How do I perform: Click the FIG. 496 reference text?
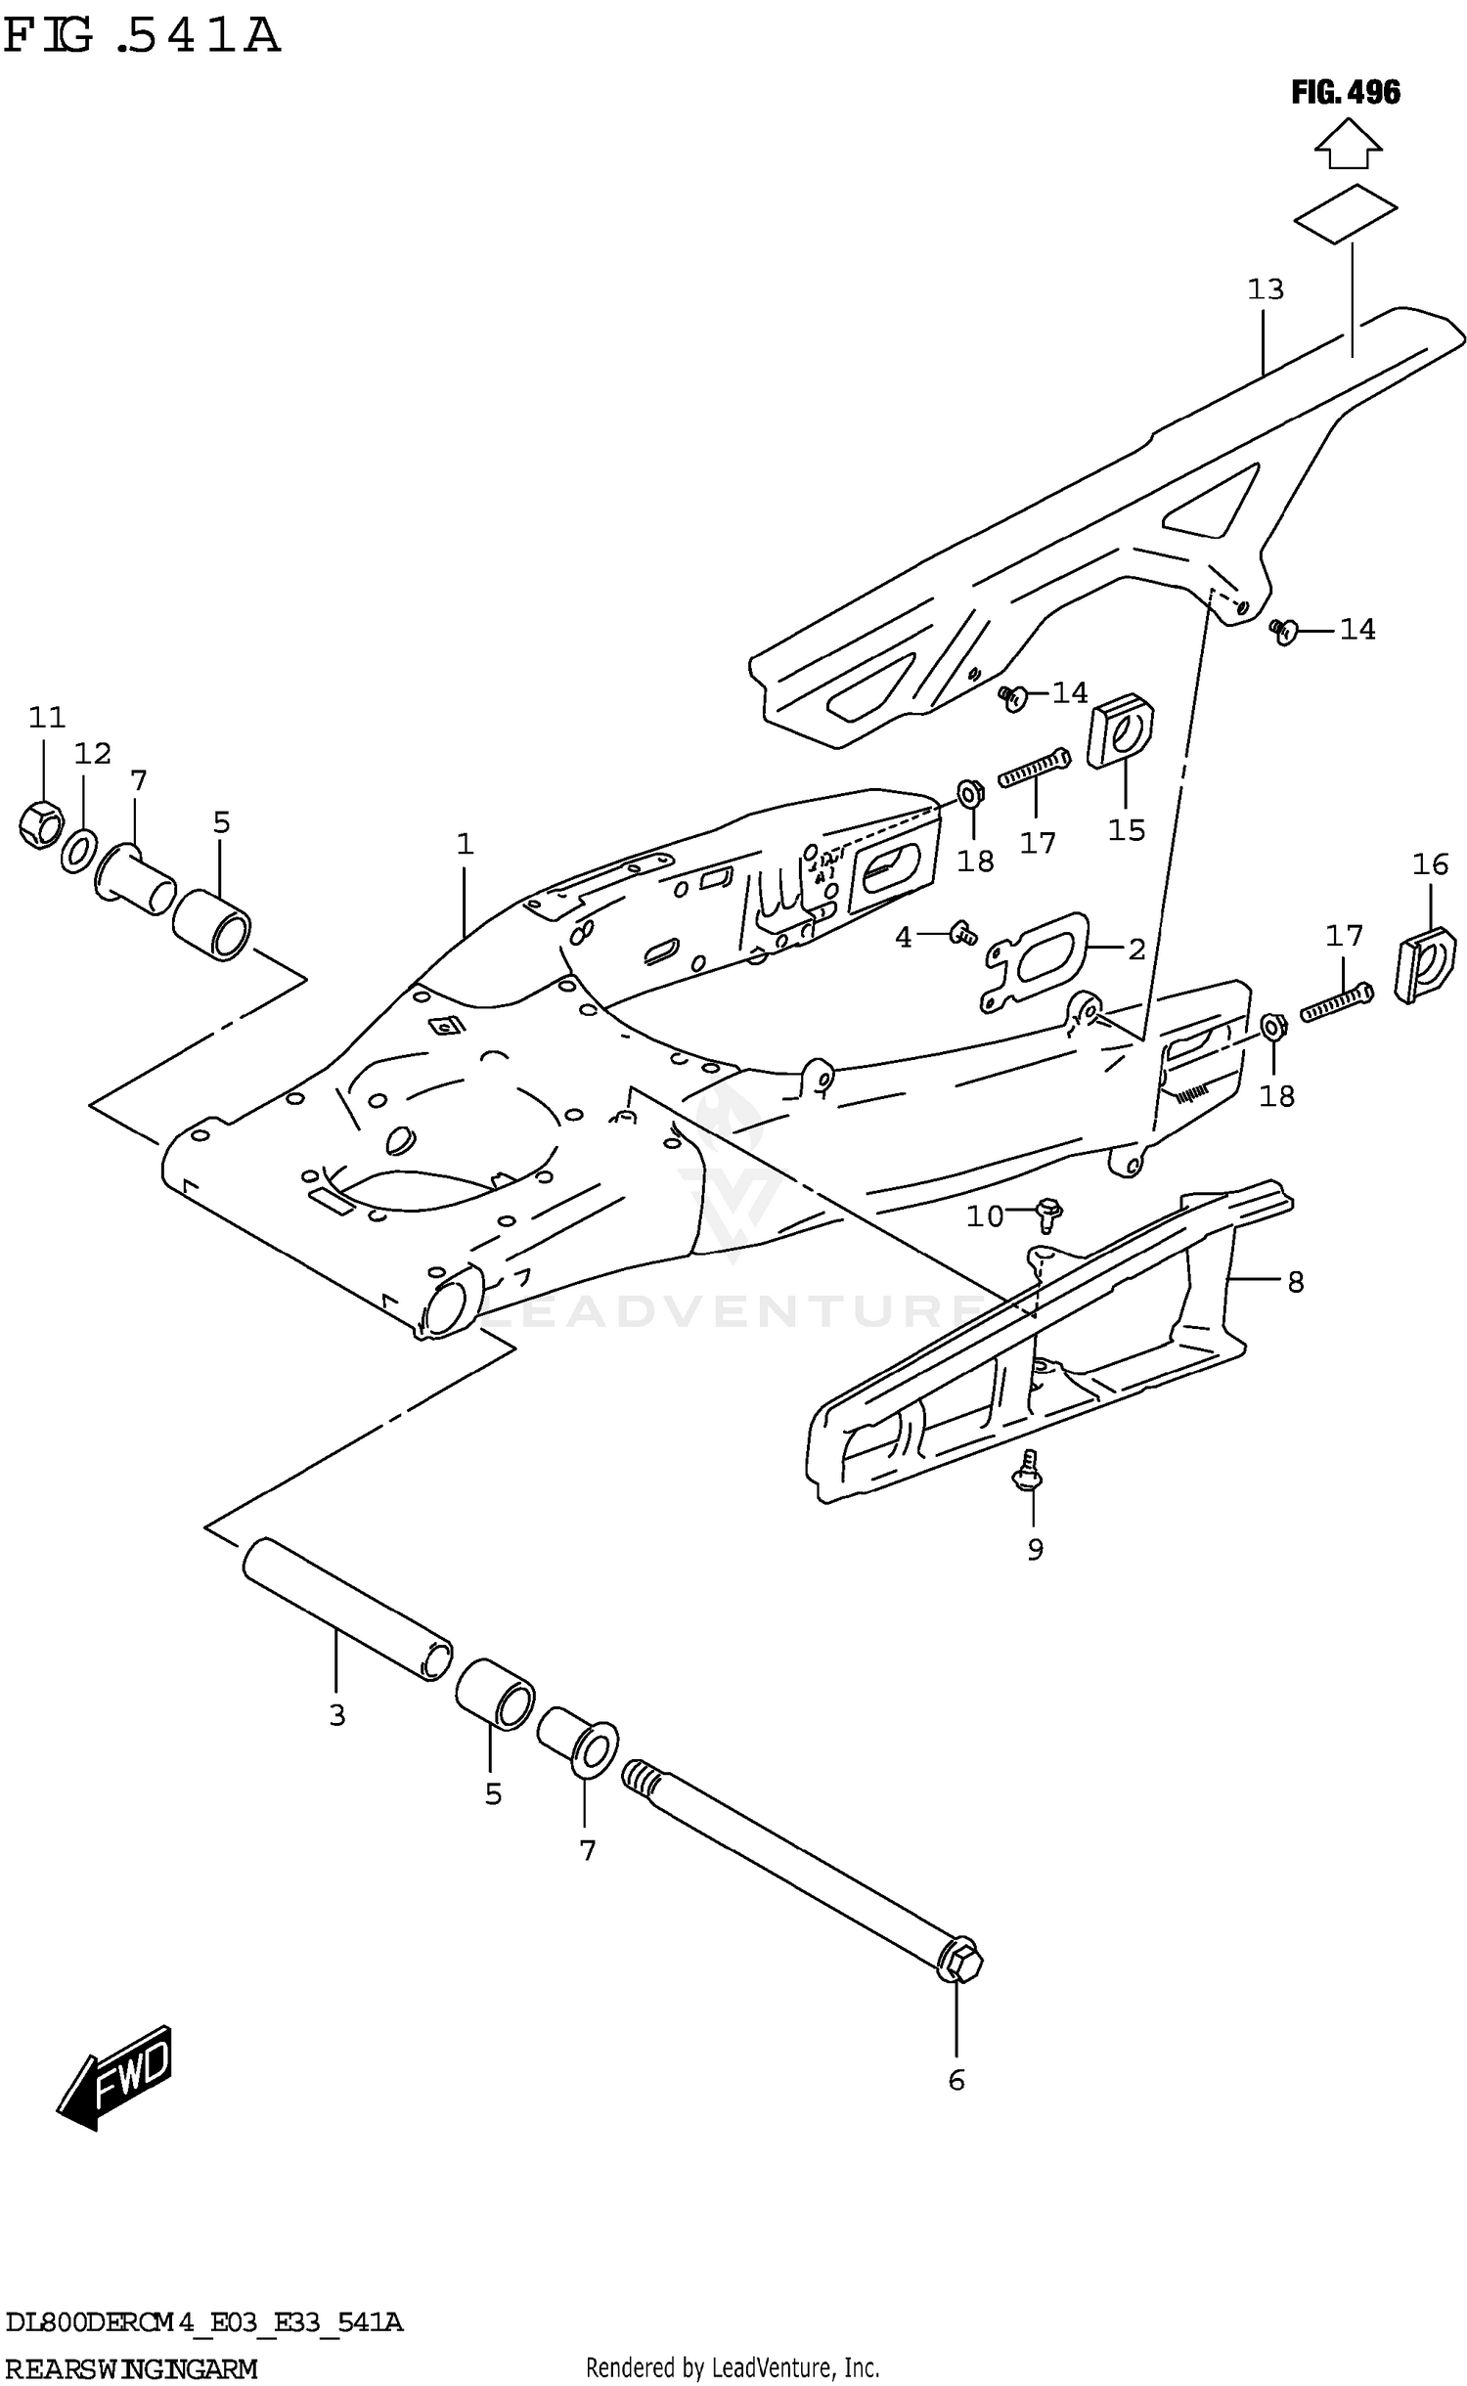[x=1345, y=93]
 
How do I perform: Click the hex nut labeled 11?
[x=41, y=823]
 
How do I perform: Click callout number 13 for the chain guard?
[x=1265, y=289]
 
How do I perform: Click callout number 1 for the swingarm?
[x=465, y=843]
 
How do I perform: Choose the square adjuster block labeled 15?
[x=1121, y=730]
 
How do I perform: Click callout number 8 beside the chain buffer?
[x=1295, y=1281]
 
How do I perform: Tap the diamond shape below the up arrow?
[x=1345, y=211]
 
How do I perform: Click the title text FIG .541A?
[x=142, y=36]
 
